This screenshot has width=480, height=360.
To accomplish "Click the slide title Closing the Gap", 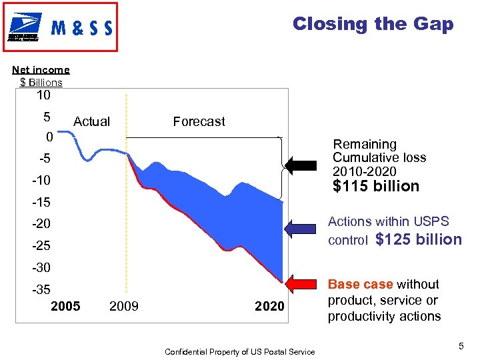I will [373, 25].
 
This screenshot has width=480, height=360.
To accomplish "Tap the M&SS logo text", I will [81, 29].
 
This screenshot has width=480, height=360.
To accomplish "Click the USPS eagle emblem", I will [23, 27].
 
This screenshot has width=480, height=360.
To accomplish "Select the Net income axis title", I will [41, 70].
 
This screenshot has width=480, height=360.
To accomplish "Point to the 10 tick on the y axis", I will [43, 95].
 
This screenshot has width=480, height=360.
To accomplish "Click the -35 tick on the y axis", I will [41, 289].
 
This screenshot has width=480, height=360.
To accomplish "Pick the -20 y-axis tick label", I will [41, 224].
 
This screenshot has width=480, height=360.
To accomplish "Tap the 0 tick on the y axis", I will [47, 137].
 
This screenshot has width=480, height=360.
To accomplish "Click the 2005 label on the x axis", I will [65, 306].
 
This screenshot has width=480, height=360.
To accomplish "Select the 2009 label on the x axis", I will [123, 306].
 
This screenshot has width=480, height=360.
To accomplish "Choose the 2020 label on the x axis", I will [269, 306].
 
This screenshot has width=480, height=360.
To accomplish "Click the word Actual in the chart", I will [91, 121].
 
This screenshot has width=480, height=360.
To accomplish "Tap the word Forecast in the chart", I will [199, 121].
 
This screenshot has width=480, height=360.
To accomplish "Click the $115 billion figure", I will [376, 187].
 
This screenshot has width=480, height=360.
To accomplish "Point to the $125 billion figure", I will [419, 239].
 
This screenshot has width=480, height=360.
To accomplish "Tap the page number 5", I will [461, 346].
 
